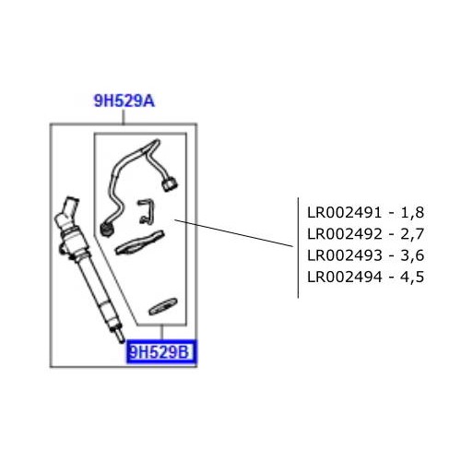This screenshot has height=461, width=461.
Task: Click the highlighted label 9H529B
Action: [161, 352]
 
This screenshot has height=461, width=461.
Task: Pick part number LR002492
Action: [343, 233]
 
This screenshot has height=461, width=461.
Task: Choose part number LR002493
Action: [343, 255]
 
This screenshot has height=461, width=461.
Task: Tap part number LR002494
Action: [343, 278]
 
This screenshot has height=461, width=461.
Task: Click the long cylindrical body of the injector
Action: [92, 277]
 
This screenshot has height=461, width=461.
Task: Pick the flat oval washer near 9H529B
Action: [163, 306]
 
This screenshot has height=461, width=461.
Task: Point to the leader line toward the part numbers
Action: [235, 232]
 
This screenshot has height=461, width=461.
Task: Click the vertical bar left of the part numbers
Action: [298, 246]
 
